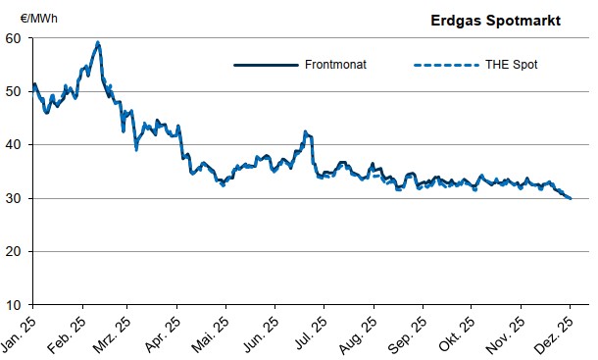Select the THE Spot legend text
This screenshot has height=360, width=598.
513,65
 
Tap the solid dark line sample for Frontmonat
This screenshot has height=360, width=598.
265,65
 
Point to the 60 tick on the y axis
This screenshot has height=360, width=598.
14,38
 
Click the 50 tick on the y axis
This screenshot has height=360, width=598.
14,91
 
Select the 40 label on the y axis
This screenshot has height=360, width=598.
14,144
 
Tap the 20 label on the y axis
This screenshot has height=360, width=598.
14,251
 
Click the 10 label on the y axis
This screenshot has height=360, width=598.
14,304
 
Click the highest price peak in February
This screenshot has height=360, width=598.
98,42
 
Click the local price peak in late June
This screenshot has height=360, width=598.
305,131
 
